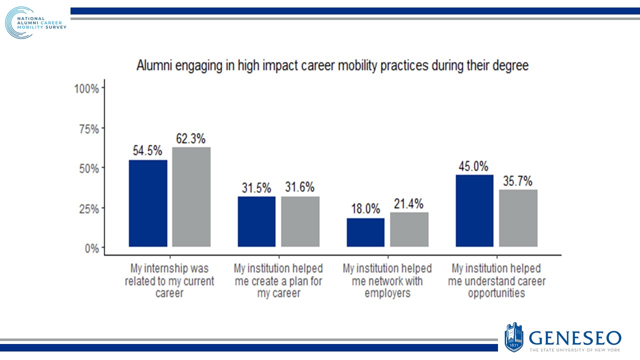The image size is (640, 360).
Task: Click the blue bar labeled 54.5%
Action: click(x=148, y=203)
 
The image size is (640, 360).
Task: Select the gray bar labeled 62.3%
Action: click(x=191, y=196)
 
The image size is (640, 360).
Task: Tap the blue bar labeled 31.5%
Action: click(x=256, y=221)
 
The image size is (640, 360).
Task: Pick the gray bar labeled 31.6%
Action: click(x=300, y=221)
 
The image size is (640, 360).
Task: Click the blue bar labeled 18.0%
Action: click(x=365, y=232)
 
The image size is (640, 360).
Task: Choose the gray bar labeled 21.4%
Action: click(x=409, y=229)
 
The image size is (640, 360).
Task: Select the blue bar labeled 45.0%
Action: click(x=474, y=210)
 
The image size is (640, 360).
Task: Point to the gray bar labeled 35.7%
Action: click(x=518, y=218)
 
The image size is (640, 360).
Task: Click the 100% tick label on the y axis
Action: click(x=86, y=89)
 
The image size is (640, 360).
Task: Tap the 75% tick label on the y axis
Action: click(x=88, y=129)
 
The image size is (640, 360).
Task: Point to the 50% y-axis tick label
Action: click(x=88, y=168)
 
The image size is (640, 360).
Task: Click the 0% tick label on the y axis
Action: click(x=91, y=248)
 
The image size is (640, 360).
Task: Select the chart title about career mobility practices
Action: click(x=332, y=66)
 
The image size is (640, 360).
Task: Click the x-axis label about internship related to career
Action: click(x=169, y=281)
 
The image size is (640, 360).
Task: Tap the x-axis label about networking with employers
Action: click(x=387, y=281)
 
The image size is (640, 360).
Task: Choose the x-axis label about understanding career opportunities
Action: click(x=496, y=281)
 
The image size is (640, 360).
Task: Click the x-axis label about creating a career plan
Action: click(x=278, y=281)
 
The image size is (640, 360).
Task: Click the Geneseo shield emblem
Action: click(x=514, y=337)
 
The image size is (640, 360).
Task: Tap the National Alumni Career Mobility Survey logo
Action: click(x=35, y=23)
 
